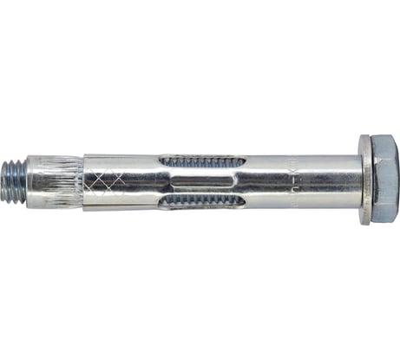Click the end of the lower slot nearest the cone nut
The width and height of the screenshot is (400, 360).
click(161, 200)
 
